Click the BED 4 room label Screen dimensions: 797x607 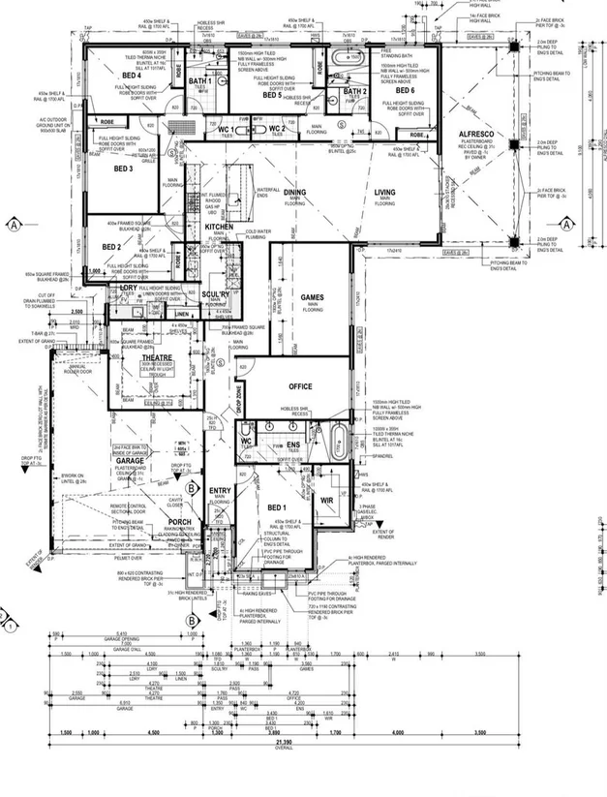[130, 75]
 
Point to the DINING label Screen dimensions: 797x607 [294, 192]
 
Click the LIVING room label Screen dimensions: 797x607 [385, 193]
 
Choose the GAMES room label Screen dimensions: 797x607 [313, 297]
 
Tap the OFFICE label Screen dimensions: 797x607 [300, 386]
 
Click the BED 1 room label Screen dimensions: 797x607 [278, 507]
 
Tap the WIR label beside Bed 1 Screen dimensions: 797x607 [328, 501]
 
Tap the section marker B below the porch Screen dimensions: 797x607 [193, 619]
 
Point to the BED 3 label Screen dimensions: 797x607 [123, 169]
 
